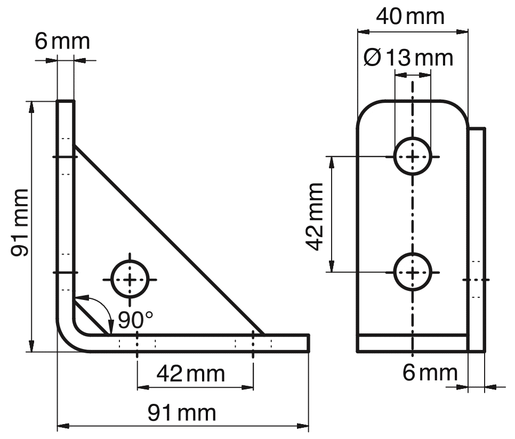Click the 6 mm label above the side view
pyautogui.click(x=62, y=42)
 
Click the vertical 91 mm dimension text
pyautogui.click(x=21, y=223)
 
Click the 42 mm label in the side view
pyautogui.click(x=190, y=373)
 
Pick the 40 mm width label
pyautogui.click(x=409, y=17)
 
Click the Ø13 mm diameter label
pyautogui.click(x=408, y=57)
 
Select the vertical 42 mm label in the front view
pyautogui.click(x=315, y=216)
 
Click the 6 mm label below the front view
pyautogui.click(x=430, y=372)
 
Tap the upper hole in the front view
pyautogui.click(x=412, y=157)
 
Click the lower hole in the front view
pyautogui.click(x=412, y=272)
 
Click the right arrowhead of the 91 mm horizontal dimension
pyautogui.click(x=305, y=426)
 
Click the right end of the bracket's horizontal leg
pyautogui.click(x=309, y=344)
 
